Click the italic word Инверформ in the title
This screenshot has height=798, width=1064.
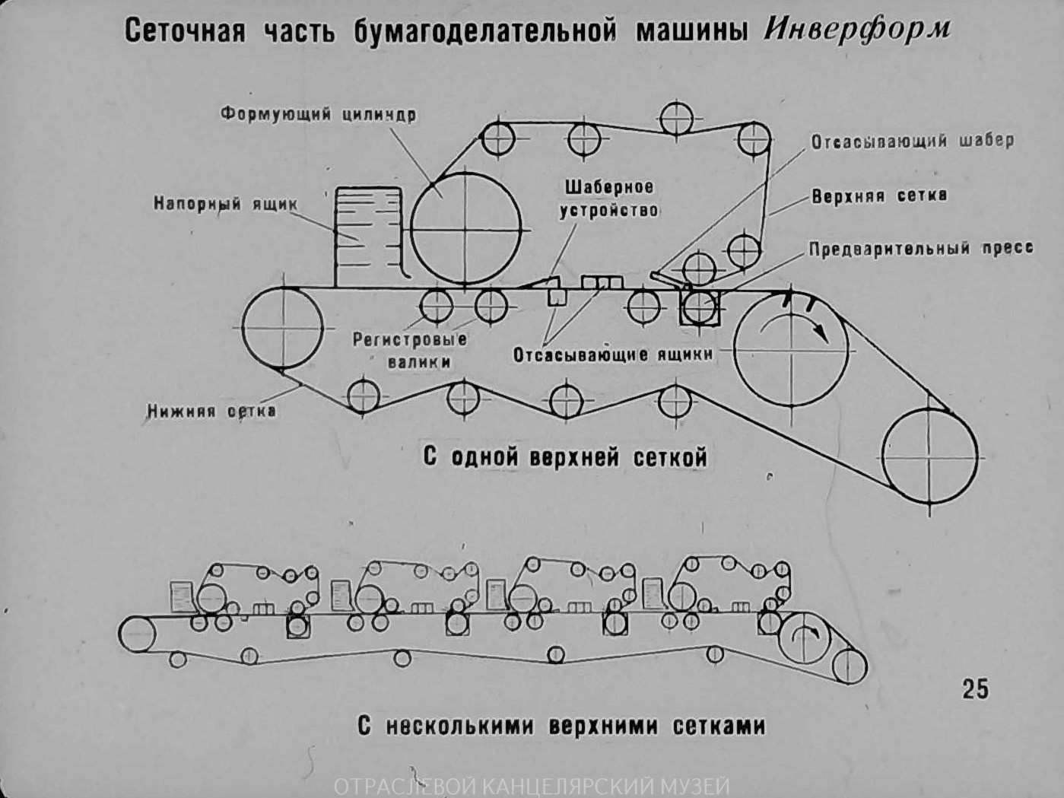[856, 30]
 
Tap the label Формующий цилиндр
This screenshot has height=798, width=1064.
[318, 114]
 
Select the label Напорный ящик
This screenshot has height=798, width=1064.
[225, 204]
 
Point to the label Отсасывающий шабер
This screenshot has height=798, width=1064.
[911, 141]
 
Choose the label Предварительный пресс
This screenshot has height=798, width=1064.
[920, 249]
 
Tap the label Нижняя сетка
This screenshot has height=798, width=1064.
[211, 411]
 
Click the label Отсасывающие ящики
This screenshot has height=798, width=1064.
[613, 354]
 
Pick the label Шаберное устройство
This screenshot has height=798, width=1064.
[608, 199]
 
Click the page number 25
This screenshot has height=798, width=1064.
[975, 688]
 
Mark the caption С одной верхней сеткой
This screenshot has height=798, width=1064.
[565, 457]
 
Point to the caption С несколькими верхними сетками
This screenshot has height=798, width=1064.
[561, 726]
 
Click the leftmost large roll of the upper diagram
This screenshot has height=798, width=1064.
[281, 329]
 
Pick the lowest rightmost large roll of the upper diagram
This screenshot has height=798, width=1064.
[929, 456]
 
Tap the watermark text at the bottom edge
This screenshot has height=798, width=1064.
[532, 787]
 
